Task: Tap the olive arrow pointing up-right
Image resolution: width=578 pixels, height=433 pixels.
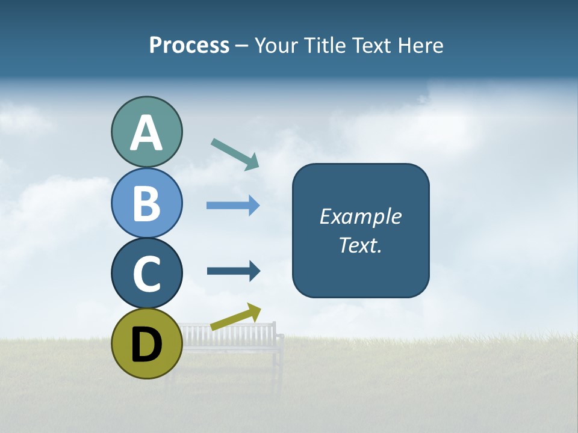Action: coord(235,317)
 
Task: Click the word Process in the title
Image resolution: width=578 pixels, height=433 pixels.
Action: coord(189,46)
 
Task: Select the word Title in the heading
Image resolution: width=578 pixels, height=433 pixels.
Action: coord(323,46)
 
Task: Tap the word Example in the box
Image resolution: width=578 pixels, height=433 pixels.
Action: coord(360,216)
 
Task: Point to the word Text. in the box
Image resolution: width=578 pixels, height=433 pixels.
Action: coord(360,245)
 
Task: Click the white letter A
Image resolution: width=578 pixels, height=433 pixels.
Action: coord(146,134)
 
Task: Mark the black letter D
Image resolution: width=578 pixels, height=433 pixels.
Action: coord(146,344)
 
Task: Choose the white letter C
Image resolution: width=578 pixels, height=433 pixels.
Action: coord(146,274)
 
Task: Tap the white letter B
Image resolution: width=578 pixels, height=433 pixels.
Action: coord(146,204)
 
